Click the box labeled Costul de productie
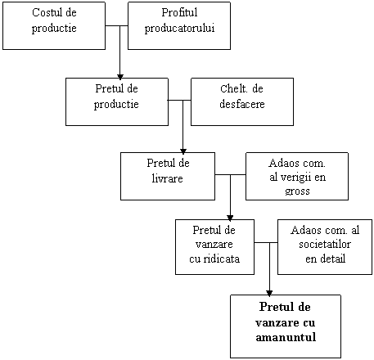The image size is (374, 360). click(x=54, y=26)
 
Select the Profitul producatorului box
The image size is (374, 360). click(x=179, y=26)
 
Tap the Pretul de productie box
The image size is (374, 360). click(x=117, y=101)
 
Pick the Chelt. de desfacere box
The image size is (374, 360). click(x=242, y=101)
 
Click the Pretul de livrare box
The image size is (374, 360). click(x=168, y=176)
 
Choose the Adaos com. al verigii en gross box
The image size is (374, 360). click(x=297, y=176)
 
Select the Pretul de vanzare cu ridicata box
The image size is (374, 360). click(x=215, y=247)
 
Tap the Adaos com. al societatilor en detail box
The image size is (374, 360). click(x=325, y=247)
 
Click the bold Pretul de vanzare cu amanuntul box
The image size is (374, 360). click(x=286, y=326)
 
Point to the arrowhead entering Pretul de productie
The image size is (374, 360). click(x=120, y=77)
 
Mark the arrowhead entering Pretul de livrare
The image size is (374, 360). click(x=183, y=151)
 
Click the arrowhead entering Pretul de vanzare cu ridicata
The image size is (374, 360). click(x=230, y=218)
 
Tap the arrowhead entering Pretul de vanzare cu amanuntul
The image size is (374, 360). click(x=269, y=293)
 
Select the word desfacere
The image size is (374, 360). click(x=242, y=104)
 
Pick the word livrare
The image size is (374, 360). click(x=168, y=178)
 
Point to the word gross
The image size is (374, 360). click(x=297, y=191)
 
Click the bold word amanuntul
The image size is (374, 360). click(x=286, y=337)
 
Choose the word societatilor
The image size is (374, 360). click(x=325, y=244)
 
